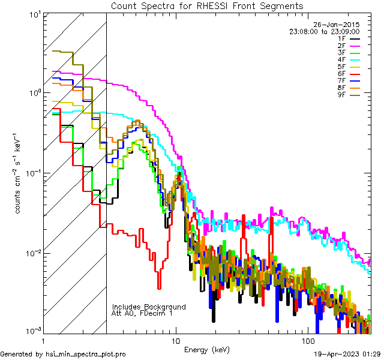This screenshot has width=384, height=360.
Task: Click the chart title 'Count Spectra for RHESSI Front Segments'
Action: (206, 5)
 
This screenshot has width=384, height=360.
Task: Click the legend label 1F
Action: (342, 38)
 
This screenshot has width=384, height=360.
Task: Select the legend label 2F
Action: (342, 46)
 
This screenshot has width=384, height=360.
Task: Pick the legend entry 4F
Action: (342, 59)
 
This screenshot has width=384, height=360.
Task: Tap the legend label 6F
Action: (342, 74)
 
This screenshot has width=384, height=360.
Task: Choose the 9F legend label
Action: (342, 95)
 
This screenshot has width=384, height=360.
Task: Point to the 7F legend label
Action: (342, 80)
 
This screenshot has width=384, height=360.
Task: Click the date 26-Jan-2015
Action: (339, 25)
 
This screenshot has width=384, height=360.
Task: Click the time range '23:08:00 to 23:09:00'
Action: (325, 31)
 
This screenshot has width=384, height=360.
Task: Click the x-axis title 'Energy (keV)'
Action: (207, 350)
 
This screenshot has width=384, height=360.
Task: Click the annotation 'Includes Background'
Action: (149, 307)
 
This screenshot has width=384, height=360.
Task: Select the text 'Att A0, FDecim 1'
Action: (142, 313)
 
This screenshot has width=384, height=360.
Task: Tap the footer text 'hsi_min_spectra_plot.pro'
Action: (86, 354)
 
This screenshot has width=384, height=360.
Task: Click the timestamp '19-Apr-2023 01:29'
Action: (347, 354)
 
